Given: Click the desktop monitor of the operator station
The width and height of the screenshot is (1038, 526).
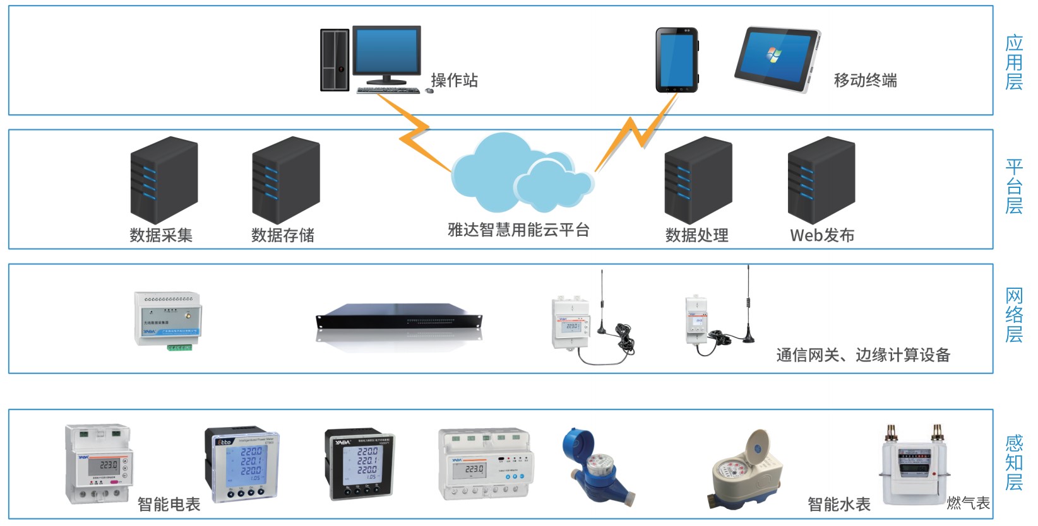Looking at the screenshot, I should [386, 52].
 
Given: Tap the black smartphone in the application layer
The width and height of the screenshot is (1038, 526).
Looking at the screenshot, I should [676, 60].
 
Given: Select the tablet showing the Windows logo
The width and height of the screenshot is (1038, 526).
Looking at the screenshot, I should [776, 59].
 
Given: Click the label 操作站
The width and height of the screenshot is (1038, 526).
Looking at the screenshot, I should [454, 80].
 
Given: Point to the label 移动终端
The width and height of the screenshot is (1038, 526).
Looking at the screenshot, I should [865, 80].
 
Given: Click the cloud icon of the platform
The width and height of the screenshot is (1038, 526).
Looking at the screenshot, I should [520, 174].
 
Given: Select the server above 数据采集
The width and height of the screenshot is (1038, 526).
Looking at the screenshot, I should [164, 180].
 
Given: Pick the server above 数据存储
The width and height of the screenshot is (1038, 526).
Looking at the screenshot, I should [285, 180].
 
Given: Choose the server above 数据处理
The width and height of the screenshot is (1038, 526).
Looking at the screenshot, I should [698, 180].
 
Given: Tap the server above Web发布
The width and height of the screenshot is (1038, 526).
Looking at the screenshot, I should [821, 180].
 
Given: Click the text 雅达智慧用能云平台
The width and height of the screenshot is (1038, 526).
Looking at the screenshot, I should [518, 230].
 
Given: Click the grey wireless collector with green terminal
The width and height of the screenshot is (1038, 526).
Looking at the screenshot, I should [168, 319].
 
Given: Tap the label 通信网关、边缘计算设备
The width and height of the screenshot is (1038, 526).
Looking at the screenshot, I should [863, 355].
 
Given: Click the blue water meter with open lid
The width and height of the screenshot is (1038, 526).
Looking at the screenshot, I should [590, 467].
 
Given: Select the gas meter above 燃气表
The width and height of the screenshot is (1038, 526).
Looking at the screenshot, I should [912, 467].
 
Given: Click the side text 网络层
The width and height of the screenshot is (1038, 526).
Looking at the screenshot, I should [1013, 315].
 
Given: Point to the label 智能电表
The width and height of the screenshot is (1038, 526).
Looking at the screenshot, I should [169, 504].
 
